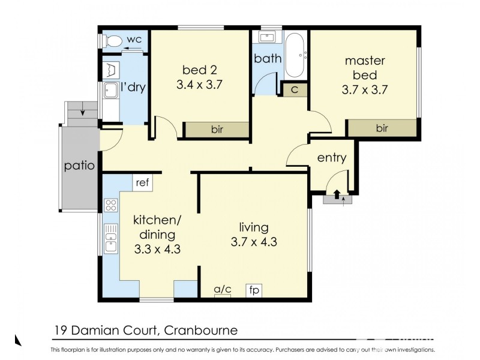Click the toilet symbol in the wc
pyautogui.click(x=110, y=41)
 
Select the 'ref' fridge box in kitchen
pyautogui.click(x=142, y=182)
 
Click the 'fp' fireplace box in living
pyautogui.click(x=254, y=290)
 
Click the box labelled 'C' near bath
pyautogui.click(x=295, y=89)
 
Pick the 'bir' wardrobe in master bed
pyautogui.click(x=382, y=128)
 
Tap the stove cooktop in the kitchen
pyautogui.click(x=110, y=206)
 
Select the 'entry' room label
pyautogui.click(x=332, y=158)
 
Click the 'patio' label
pyautogui.click(x=80, y=166)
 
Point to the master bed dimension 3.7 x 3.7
pyautogui.click(x=365, y=91)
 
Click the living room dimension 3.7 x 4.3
pyautogui.click(x=254, y=242)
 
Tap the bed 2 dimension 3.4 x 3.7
pyautogui.click(x=200, y=85)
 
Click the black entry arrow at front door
pyautogui.click(x=337, y=194)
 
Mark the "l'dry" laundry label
pyautogui.click(x=133, y=88)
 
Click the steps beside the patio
pyautogui.click(x=82, y=112)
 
